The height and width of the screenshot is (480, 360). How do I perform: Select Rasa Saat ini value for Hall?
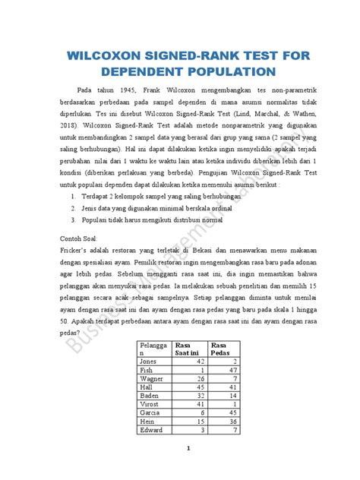(x=200, y=387)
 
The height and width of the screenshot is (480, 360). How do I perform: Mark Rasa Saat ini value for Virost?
(x=200, y=403)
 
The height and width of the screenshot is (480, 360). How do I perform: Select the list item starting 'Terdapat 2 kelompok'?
(x=159, y=196)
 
